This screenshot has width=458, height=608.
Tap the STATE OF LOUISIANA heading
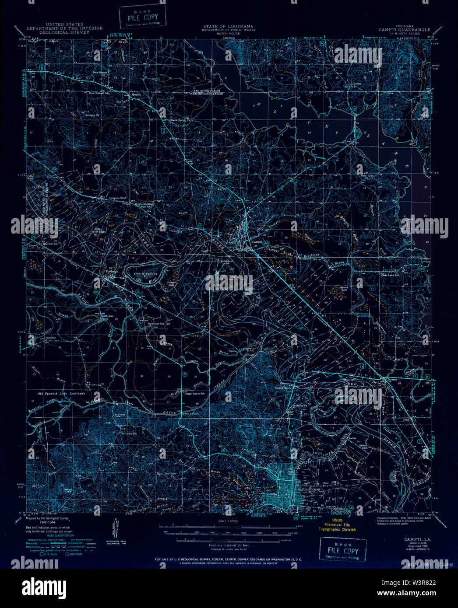pyautogui.click(x=228, y=26)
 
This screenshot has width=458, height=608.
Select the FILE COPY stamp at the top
pyautogui.click(x=143, y=16)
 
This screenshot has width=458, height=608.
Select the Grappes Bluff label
pyautogui.click(x=117, y=198)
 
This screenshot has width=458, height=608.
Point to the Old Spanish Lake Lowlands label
pyautogui.click(x=61, y=394)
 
